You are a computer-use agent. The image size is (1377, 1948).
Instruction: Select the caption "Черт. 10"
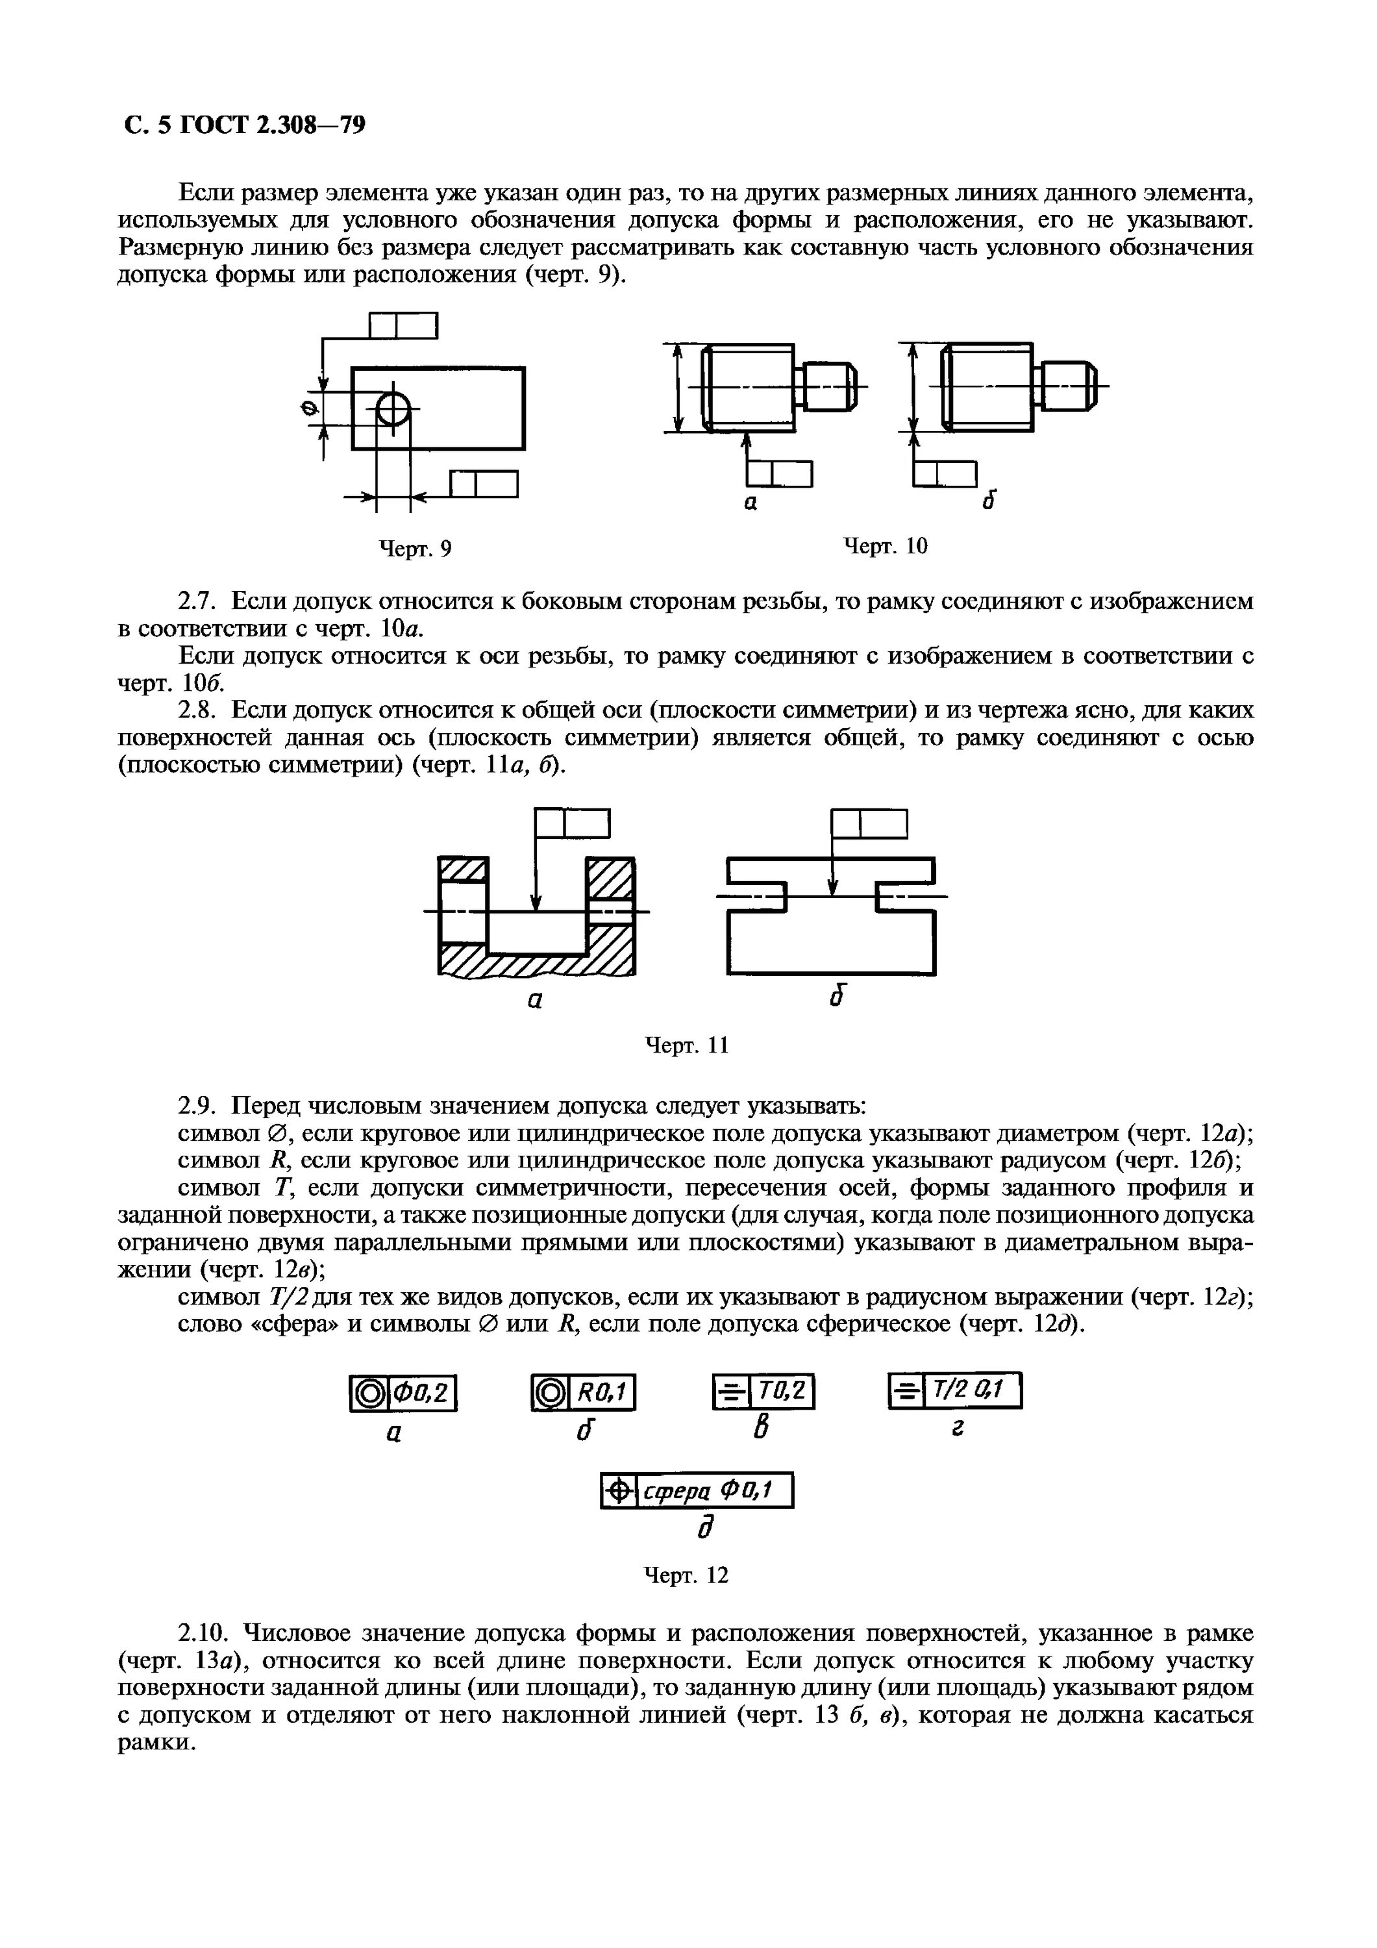coord(885,545)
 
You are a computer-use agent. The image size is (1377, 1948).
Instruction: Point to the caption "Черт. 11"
coord(688,1044)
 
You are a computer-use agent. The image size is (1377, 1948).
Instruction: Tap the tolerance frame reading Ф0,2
coord(403,1393)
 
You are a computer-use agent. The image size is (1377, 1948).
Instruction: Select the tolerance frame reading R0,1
coord(583,1392)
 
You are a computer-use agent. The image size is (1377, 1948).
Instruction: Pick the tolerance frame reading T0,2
coord(763,1392)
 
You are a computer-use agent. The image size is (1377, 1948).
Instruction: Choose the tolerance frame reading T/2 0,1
coord(954,1391)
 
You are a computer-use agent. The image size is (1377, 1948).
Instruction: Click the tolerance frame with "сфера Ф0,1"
coord(697,1490)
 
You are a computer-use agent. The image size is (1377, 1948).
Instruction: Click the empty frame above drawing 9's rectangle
coord(404,326)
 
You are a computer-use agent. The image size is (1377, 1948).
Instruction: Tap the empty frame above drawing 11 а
coord(573,823)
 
